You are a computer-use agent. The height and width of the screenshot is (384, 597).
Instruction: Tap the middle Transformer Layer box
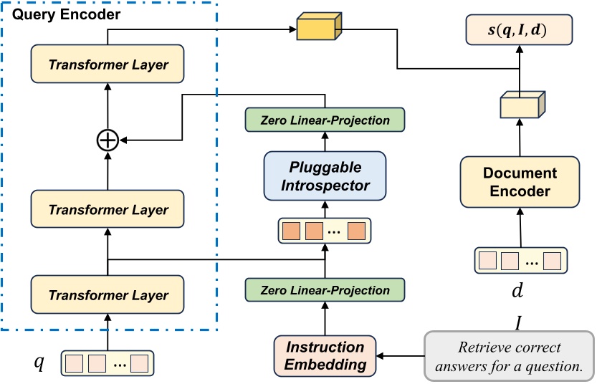(x=108, y=210)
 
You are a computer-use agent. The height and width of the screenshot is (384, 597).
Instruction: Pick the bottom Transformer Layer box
(x=108, y=294)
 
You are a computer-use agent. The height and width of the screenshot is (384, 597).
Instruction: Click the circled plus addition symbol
(x=108, y=140)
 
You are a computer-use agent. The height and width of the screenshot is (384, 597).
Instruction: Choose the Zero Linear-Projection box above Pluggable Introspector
(x=325, y=120)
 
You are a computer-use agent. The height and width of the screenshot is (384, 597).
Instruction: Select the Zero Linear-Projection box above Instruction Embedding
(x=325, y=290)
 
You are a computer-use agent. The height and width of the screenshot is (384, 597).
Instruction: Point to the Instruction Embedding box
(x=325, y=355)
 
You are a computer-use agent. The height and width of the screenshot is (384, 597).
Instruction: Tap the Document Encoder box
(x=520, y=182)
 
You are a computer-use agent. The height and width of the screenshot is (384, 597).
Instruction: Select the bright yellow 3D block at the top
(x=316, y=29)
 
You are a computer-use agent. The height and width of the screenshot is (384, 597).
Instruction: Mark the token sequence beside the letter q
(x=108, y=363)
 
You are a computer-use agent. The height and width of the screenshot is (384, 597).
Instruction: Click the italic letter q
(x=40, y=363)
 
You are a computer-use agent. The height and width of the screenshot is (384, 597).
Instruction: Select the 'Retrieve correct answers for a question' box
(x=510, y=355)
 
